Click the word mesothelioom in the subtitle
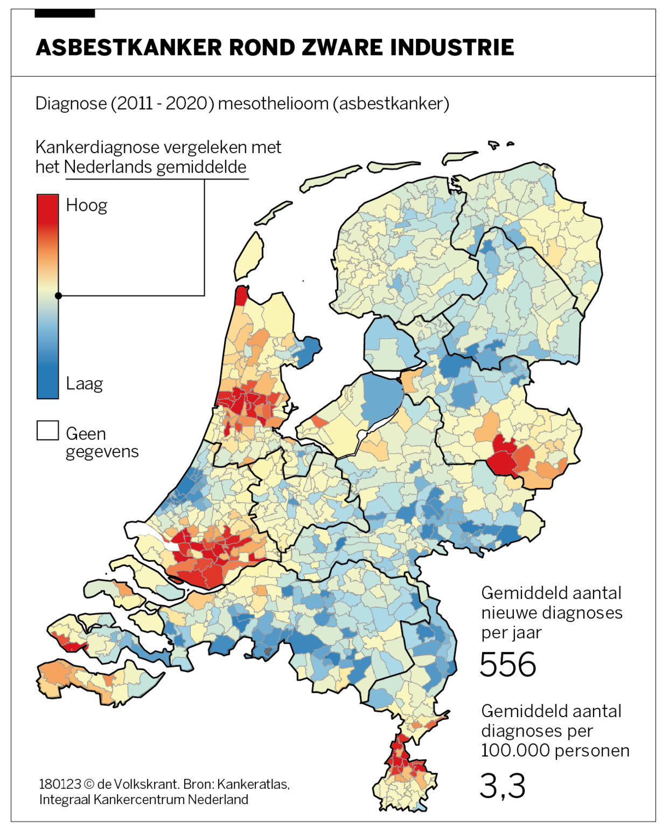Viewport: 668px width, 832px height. (273, 104)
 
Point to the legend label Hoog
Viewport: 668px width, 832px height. (86, 205)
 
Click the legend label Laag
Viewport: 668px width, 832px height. (84, 384)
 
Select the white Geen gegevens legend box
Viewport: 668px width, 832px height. (47, 431)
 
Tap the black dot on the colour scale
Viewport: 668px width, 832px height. (58, 295)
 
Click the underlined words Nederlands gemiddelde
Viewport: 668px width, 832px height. (155, 167)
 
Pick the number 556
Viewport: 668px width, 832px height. (507, 664)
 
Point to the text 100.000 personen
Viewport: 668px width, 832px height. (555, 751)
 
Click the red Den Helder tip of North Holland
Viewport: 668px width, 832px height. (242, 295)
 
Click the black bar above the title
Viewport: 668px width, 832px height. (65, 13)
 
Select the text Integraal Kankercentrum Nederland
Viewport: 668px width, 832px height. (143, 800)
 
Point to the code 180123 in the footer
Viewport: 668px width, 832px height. (60, 784)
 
